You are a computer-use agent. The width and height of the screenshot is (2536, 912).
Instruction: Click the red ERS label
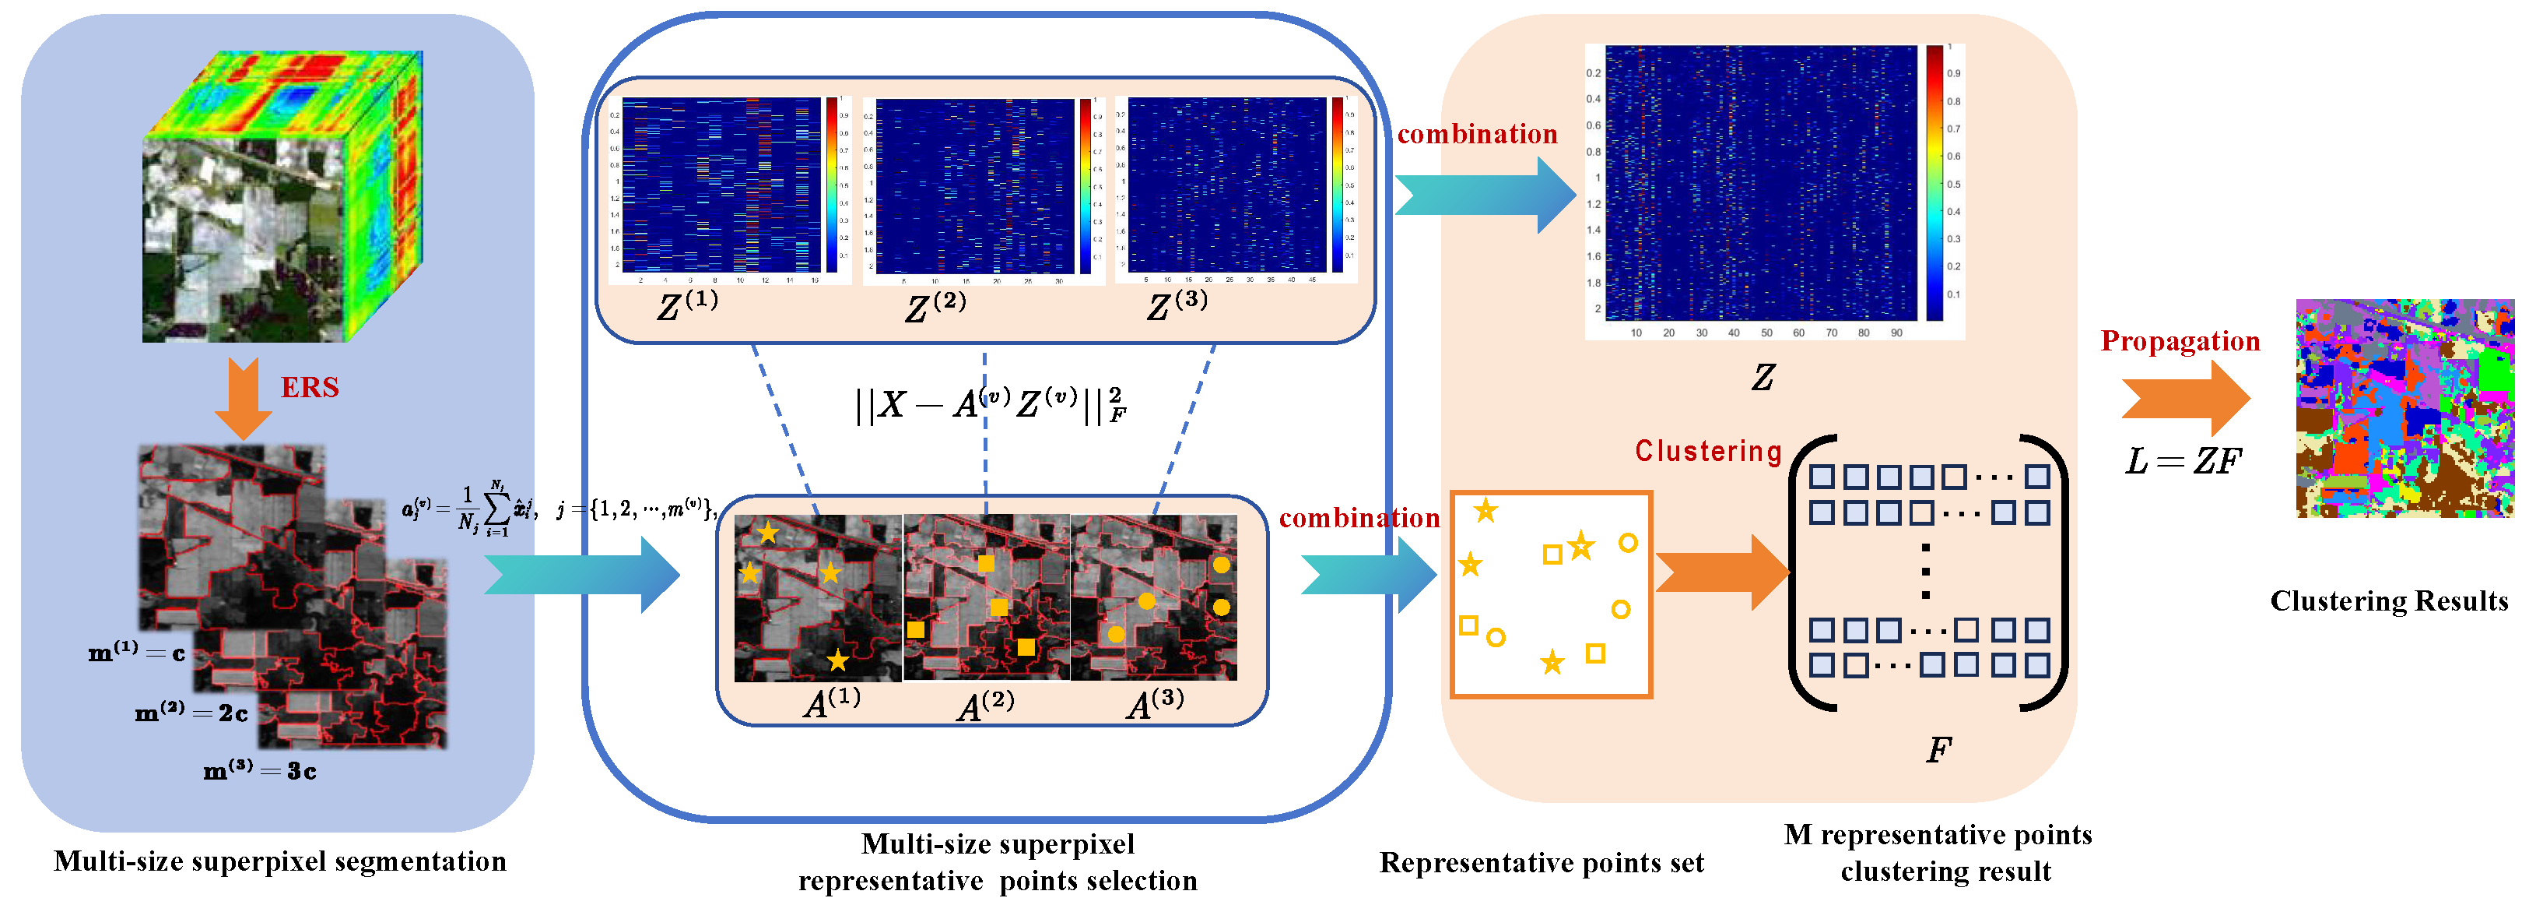pyautogui.click(x=309, y=387)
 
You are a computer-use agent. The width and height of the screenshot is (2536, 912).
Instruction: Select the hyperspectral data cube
pyautogui.click(x=282, y=197)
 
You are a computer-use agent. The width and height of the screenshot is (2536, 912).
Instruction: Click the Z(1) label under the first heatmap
pyautogui.click(x=687, y=305)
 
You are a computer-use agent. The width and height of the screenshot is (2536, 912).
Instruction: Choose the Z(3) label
pyautogui.click(x=1177, y=305)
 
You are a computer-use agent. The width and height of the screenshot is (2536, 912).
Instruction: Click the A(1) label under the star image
pyautogui.click(x=832, y=702)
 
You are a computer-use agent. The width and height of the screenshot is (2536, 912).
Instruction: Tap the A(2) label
pyautogui.click(x=984, y=705)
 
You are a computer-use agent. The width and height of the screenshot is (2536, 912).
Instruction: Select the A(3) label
pyautogui.click(x=1155, y=703)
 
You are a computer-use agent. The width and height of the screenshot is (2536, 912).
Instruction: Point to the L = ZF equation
pyautogui.click(x=2183, y=461)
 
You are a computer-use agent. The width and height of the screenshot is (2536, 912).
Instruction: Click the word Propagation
pyautogui.click(x=2180, y=341)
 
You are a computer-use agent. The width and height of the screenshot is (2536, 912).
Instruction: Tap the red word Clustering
pyautogui.click(x=1708, y=451)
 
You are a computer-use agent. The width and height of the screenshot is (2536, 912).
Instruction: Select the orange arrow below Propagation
pyautogui.click(x=2184, y=398)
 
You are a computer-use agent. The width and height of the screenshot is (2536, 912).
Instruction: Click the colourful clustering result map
pyautogui.click(x=2404, y=408)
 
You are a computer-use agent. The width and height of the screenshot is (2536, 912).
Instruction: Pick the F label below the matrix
pyautogui.click(x=1938, y=751)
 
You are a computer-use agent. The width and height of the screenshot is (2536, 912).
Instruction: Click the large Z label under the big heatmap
pyautogui.click(x=1763, y=376)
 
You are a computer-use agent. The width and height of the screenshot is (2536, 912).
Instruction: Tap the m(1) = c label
pyautogui.click(x=137, y=652)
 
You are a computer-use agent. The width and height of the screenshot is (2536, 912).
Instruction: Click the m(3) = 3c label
pyautogui.click(x=259, y=770)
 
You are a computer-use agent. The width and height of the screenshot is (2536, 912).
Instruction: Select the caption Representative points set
pyautogui.click(x=1541, y=863)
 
